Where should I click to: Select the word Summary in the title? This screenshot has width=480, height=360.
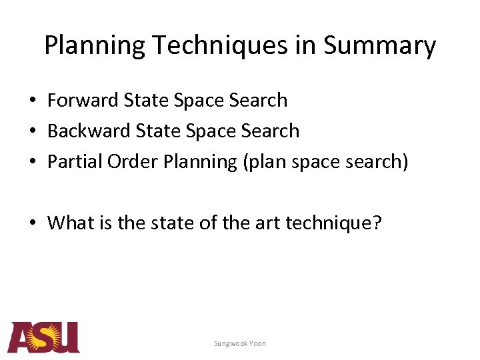tap(380, 46)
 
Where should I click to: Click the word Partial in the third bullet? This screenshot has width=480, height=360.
tap(69, 161)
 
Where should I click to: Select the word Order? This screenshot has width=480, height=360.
tap(121, 161)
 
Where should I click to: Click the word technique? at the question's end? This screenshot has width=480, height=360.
tap(334, 222)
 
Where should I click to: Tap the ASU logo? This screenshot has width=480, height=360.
tap(43, 337)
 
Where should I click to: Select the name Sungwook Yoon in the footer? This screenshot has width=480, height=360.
tap(240, 343)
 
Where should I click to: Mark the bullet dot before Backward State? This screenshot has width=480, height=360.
tap(32, 131)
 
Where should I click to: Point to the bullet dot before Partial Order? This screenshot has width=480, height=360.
tap(32, 162)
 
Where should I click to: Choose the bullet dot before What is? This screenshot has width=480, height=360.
tap(32, 223)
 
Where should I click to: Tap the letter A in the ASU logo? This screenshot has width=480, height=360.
tap(20, 339)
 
